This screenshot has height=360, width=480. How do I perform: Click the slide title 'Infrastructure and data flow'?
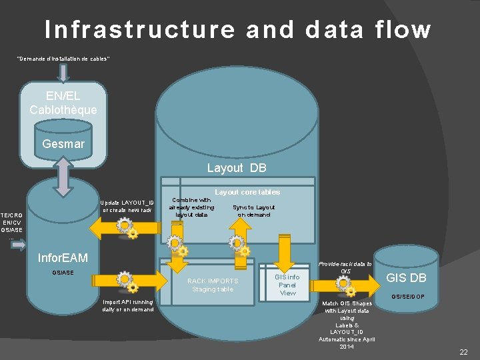click(238, 29)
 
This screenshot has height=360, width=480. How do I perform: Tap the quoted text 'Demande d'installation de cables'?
click(63, 59)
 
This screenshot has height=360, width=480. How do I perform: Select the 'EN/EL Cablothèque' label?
click(63, 103)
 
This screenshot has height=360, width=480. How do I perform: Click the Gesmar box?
click(63, 143)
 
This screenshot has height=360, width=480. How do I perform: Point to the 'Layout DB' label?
click(236, 168)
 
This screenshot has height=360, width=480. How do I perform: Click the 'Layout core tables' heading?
click(247, 192)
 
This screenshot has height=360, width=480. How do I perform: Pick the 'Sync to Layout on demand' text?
click(253, 211)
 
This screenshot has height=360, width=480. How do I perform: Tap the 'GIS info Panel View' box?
click(287, 285)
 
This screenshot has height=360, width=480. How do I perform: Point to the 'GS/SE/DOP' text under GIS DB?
click(407, 297)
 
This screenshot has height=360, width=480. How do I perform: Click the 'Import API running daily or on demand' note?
click(127, 305)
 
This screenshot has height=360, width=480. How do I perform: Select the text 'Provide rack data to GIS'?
click(345, 267)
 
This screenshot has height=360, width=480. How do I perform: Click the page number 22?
click(463, 351)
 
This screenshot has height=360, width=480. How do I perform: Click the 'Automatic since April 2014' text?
click(347, 343)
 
